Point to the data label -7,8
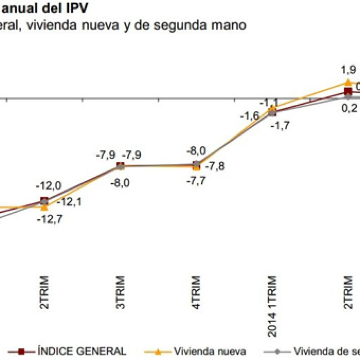(214, 166)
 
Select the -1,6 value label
(249, 116)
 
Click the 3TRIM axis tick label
(121, 292)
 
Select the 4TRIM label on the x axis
(197, 292)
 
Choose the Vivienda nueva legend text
(210, 352)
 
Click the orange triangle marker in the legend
(158, 352)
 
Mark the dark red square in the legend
(22, 352)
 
